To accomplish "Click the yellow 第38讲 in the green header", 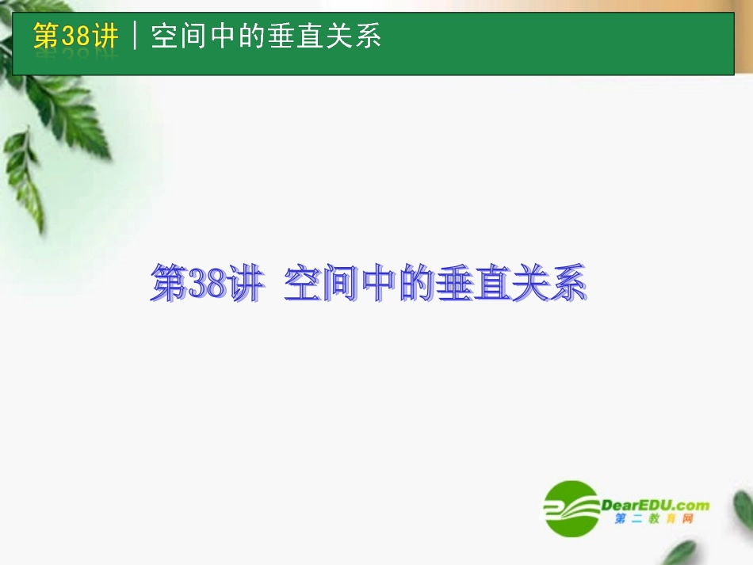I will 76,36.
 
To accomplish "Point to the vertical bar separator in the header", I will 136,36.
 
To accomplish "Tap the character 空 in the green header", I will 163,36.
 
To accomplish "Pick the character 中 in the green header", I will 222,36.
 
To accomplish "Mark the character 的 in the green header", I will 252,36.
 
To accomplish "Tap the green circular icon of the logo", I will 570,507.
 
